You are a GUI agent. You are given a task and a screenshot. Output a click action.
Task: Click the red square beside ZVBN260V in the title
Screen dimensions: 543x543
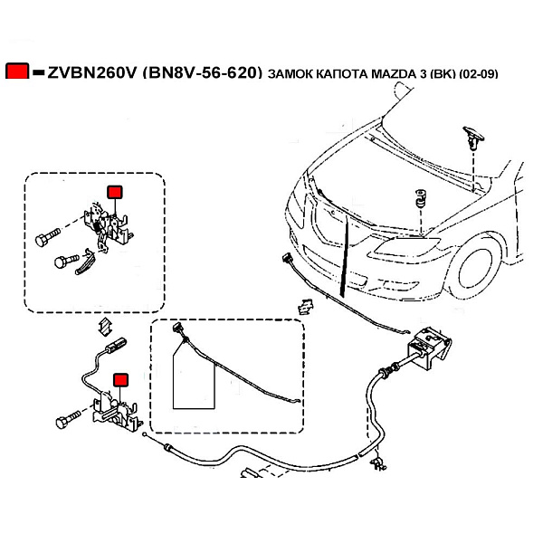coord(17,71)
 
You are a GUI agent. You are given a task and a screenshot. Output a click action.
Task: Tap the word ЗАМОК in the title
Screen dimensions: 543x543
coord(290,73)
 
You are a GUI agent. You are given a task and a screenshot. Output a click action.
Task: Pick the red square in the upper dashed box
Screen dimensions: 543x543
coord(115,192)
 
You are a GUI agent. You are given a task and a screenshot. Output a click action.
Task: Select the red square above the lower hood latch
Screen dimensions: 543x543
coord(119,380)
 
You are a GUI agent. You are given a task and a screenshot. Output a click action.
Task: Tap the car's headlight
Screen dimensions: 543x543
coord(398,245)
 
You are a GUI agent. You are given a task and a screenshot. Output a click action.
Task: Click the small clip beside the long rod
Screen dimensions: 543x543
coord(303,307)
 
